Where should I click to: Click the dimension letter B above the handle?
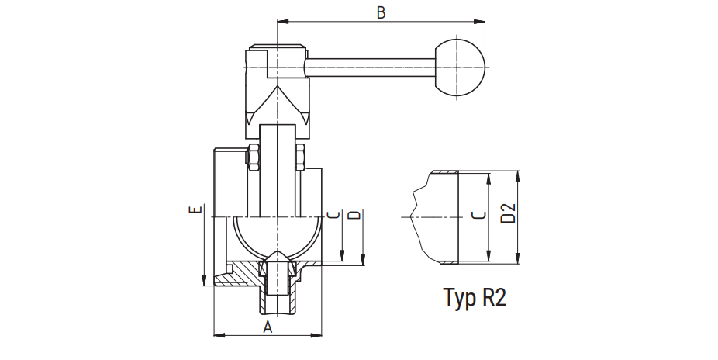coord(381,12)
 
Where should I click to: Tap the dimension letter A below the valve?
coord(268,327)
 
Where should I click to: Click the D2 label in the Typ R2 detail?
coord(508,213)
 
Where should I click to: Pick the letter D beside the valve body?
coord(354,215)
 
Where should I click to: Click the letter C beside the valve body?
coord(333,215)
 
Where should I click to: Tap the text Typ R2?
coord(475,297)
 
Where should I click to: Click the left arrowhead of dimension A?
coord(218,335)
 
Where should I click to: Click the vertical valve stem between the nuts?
coord(277,167)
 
